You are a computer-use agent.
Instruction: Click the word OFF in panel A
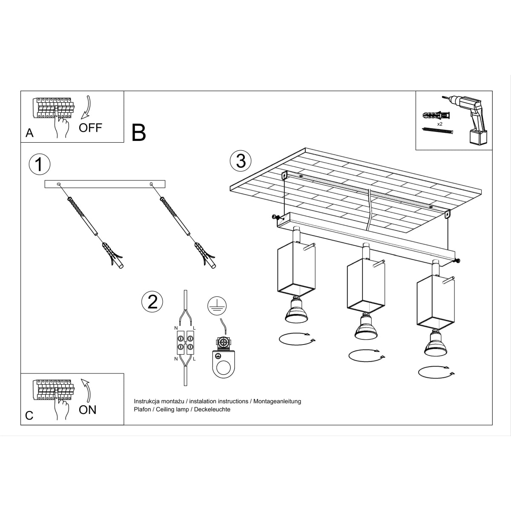click(x=90, y=127)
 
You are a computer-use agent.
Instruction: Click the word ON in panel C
click(x=88, y=410)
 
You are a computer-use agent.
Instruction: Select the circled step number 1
click(x=39, y=164)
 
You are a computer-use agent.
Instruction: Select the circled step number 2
click(x=152, y=301)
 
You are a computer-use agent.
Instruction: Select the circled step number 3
click(x=241, y=161)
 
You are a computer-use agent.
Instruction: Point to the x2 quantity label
click(x=440, y=123)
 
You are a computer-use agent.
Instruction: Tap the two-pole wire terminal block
click(x=185, y=343)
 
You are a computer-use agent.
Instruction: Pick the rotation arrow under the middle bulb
click(x=366, y=355)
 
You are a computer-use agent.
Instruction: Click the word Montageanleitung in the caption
click(x=277, y=401)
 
